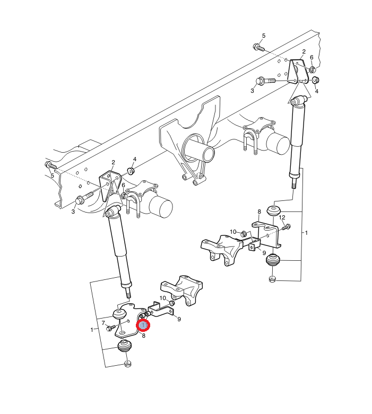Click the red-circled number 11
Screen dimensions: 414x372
click(143, 325)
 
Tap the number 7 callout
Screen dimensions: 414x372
click(103, 322)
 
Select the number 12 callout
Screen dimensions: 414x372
click(282, 217)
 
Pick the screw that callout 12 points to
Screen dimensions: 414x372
click(287, 227)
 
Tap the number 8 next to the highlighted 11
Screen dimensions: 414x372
click(143, 336)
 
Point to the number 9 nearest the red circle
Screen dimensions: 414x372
click(179, 319)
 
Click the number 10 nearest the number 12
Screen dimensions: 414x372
click(233, 232)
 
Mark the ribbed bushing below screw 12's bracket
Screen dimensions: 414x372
click(272, 260)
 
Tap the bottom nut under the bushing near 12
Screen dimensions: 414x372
click(272, 279)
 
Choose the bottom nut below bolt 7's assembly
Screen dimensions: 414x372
click(127, 364)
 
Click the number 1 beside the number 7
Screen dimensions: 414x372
click(92, 330)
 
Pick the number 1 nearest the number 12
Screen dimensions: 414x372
click(306, 233)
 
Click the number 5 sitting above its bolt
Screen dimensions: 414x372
click(263, 36)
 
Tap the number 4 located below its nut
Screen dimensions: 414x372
click(317, 91)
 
